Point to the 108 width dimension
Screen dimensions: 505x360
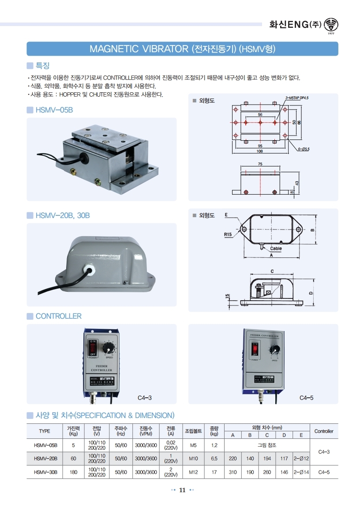tap(260, 151)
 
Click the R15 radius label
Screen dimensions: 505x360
tap(228, 235)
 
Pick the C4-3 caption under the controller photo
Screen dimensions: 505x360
tap(145, 398)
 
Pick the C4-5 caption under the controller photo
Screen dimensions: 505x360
tap(306, 398)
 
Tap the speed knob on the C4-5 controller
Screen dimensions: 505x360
tap(274, 350)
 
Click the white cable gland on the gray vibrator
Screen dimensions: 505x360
tap(91, 268)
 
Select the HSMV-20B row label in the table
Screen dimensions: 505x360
tap(45, 459)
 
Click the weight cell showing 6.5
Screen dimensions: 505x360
tap(214, 459)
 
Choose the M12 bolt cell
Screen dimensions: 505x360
tap(193, 472)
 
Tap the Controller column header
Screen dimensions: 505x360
tap(323, 431)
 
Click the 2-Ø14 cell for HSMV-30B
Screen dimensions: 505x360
tap(301, 472)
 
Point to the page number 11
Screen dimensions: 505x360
tap(182, 490)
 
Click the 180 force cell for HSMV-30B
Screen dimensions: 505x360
tap(74, 472)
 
